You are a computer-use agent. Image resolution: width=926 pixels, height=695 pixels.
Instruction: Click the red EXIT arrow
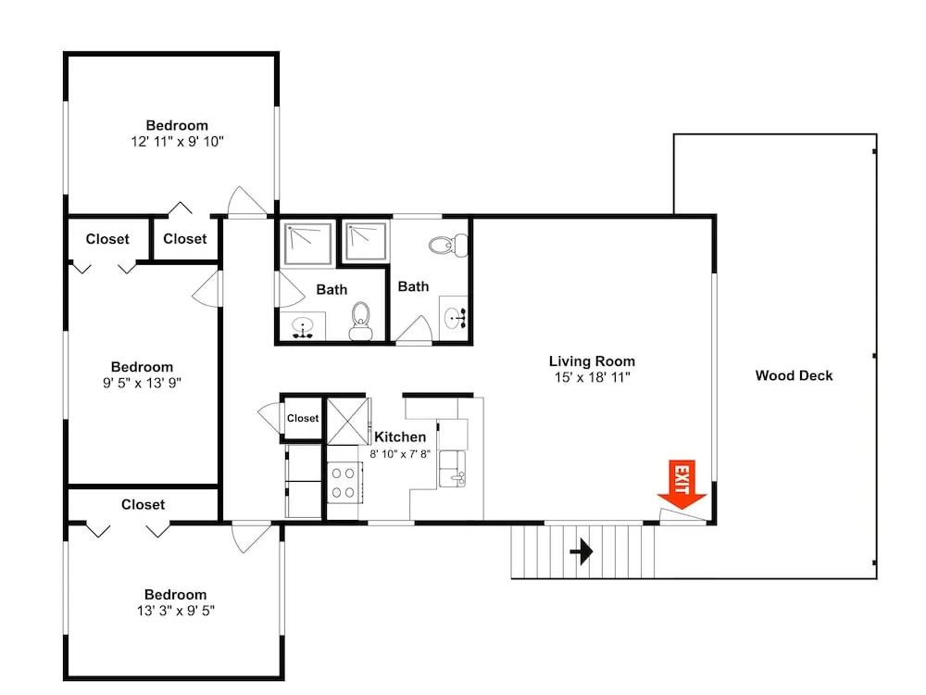(x=682, y=485)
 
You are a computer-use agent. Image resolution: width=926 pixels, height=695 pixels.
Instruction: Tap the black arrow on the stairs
(x=582, y=552)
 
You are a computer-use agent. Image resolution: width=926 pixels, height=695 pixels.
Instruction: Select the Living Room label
(x=592, y=361)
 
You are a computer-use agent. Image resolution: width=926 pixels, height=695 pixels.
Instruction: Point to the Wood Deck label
(x=794, y=375)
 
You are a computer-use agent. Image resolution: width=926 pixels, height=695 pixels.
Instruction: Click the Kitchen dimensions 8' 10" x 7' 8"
(x=400, y=454)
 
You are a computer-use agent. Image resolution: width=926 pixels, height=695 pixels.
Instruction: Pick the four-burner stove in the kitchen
(x=344, y=482)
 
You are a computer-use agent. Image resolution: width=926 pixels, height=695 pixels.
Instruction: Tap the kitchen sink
(x=452, y=469)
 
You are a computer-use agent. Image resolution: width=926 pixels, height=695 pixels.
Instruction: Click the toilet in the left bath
(x=360, y=321)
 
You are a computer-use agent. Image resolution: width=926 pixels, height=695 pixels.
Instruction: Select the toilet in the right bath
(x=448, y=245)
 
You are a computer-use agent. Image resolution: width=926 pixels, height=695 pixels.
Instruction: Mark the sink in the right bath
(x=454, y=319)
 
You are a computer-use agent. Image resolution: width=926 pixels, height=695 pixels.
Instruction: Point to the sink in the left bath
(x=303, y=327)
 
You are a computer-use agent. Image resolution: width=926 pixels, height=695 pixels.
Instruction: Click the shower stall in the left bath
(x=307, y=243)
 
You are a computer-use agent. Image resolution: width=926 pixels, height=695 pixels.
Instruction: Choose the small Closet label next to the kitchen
(x=303, y=418)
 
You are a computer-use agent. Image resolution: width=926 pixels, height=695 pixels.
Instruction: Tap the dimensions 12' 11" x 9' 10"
(x=177, y=141)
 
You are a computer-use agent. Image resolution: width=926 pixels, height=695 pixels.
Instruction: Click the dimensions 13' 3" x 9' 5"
(x=176, y=611)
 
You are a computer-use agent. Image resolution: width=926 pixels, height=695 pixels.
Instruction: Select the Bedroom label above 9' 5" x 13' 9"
(x=142, y=367)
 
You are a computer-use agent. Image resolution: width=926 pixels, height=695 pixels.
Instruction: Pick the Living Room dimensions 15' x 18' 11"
(x=593, y=377)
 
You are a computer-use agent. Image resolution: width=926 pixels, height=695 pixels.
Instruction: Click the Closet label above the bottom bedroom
(x=143, y=505)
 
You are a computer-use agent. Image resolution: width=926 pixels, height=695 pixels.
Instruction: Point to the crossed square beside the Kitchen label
(x=347, y=422)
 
